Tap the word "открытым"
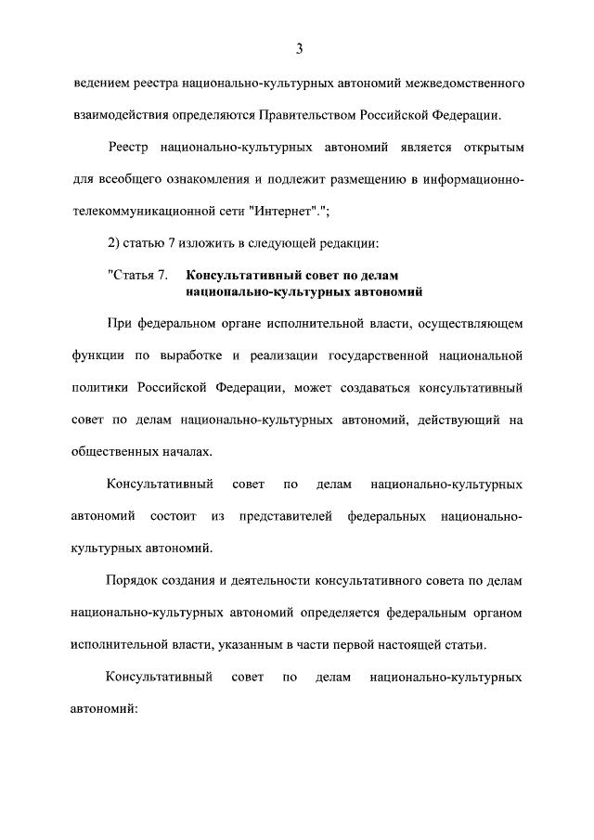pyautogui.click(x=488, y=149)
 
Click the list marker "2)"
pyautogui.click(x=114, y=242)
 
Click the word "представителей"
pyautogui.click(x=286, y=515)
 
